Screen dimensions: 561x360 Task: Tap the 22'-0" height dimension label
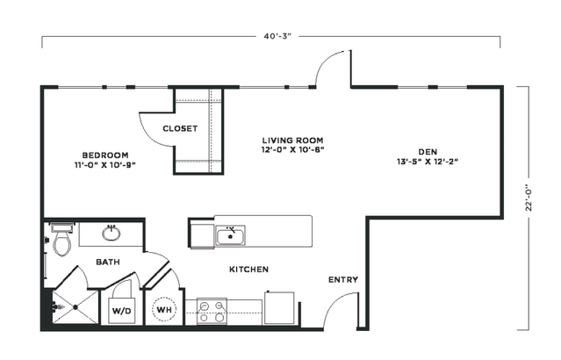(529, 198)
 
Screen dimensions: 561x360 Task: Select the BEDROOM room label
(105, 155)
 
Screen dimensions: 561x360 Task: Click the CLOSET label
(180, 128)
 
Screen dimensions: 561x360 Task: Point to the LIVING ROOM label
(292, 140)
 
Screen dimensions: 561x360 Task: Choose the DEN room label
(428, 152)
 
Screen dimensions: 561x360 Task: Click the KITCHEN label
(248, 269)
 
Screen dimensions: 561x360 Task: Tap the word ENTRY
(343, 280)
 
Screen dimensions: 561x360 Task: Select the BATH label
(108, 262)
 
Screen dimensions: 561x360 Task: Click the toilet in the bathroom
(62, 239)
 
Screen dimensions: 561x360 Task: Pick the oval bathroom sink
(111, 234)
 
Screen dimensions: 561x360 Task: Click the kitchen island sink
(230, 236)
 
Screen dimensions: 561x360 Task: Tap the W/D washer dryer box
(122, 310)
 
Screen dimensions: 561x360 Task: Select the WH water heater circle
(164, 310)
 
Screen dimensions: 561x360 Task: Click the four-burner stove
(212, 312)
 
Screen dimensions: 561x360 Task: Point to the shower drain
(76, 307)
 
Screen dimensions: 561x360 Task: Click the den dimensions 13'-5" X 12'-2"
(428, 162)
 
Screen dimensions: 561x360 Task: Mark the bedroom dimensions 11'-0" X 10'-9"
(105, 165)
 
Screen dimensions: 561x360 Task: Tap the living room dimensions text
(292, 150)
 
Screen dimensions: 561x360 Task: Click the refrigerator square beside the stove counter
(279, 307)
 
